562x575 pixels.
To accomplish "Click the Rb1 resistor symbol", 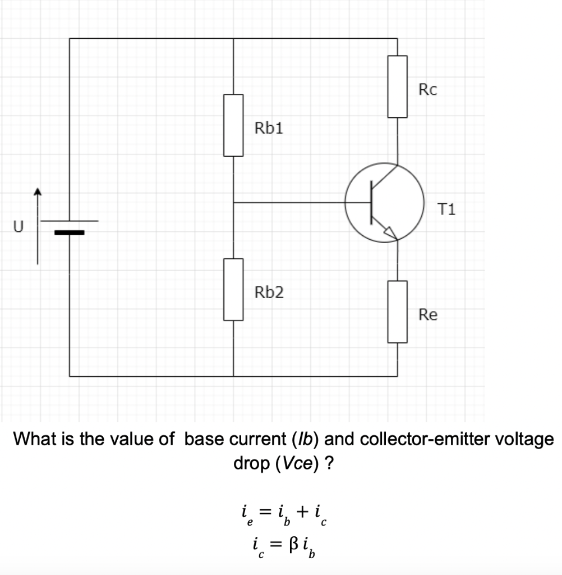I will click(x=233, y=125).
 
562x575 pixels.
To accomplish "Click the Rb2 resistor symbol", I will click(x=233, y=289).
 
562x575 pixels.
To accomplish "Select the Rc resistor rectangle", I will click(x=398, y=86).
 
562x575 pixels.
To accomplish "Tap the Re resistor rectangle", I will click(x=398, y=312).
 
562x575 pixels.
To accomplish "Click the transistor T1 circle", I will click(x=384, y=203).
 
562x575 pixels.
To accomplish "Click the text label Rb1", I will click(x=269, y=129).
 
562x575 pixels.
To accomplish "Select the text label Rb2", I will click(x=269, y=293).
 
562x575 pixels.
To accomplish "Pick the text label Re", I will click(x=428, y=315).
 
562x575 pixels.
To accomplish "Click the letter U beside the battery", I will click(x=19, y=227).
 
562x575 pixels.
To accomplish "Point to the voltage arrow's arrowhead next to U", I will click(x=38, y=193).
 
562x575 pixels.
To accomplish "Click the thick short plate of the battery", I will click(x=69, y=232).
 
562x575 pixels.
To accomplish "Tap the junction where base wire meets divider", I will click(x=233, y=203).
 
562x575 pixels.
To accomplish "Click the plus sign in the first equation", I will click(x=303, y=512).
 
